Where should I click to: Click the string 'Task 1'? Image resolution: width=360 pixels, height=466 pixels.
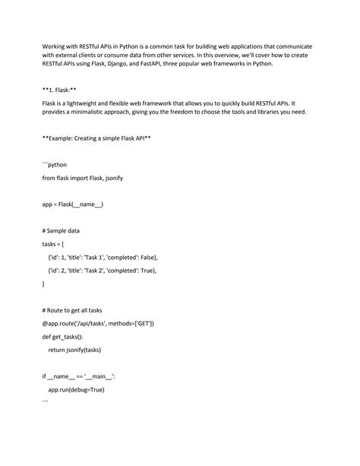click(x=101, y=257)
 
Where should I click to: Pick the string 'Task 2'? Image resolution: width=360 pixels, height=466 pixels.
click(x=101, y=270)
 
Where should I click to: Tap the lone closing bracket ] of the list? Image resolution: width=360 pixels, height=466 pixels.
click(x=43, y=284)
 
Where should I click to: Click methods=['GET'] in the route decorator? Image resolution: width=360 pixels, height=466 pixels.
click(x=128, y=323)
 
